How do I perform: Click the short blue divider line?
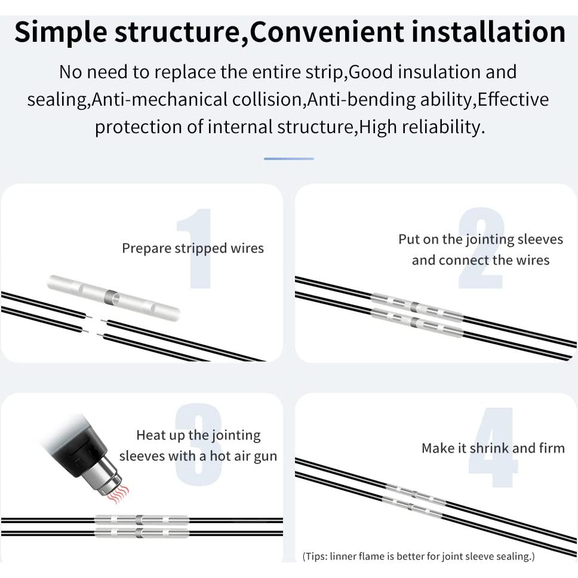tap(289, 158)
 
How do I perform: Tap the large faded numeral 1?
tap(195, 248)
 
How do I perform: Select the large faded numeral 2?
tap(481, 248)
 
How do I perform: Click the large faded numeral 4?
tap(493, 447)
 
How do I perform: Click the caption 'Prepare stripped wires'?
tap(193, 248)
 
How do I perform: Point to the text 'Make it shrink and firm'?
tap(493, 448)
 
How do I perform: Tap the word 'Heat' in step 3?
tap(148, 435)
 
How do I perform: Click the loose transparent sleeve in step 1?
tap(114, 298)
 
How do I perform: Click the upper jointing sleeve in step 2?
tap(417, 307)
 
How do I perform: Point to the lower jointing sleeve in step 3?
tap(142, 533)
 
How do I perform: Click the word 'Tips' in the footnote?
tap(313, 556)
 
